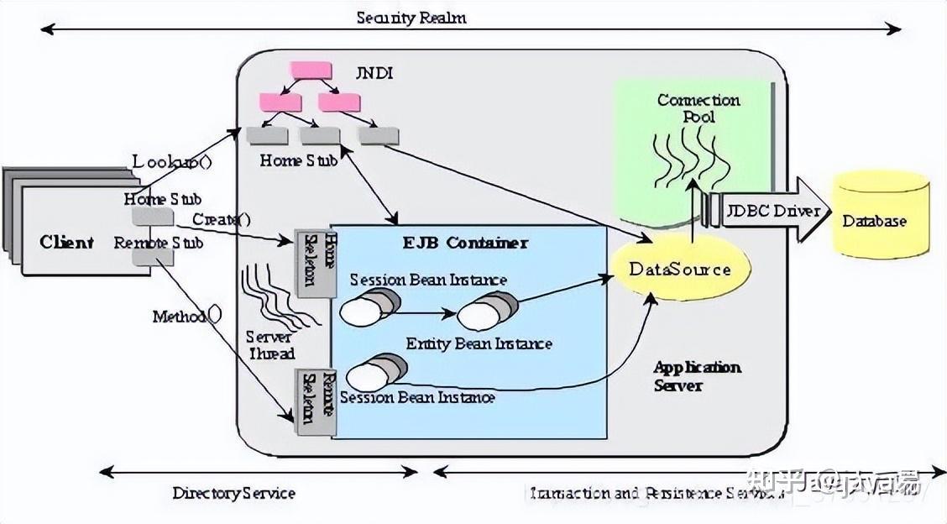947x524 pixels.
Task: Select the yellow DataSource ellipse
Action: (680, 269)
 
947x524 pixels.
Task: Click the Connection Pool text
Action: (698, 107)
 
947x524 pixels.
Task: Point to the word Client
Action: (66, 243)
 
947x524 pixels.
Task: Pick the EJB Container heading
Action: (463, 243)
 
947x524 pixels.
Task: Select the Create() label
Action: (222, 220)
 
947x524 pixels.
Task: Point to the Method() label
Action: (187, 317)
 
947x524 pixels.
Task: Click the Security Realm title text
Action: (411, 18)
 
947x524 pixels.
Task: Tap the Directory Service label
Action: (233, 493)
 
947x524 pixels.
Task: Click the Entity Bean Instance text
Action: (479, 343)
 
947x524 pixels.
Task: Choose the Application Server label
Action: (697, 376)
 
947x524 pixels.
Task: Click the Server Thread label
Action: (271, 345)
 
